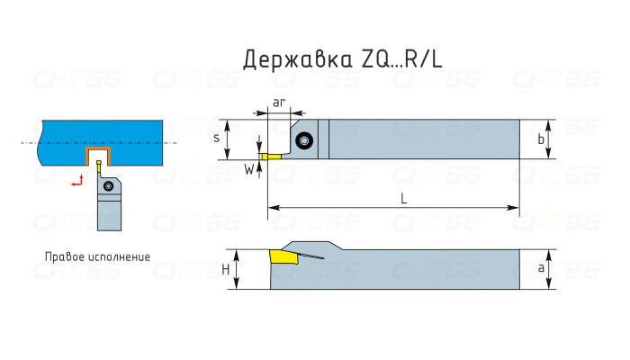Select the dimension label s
[x=216, y=139]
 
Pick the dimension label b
[x=540, y=139]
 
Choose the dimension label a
[x=540, y=269]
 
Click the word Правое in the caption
[x=65, y=256]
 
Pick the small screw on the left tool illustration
[x=109, y=186]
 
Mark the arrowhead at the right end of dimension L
[x=517, y=209]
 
